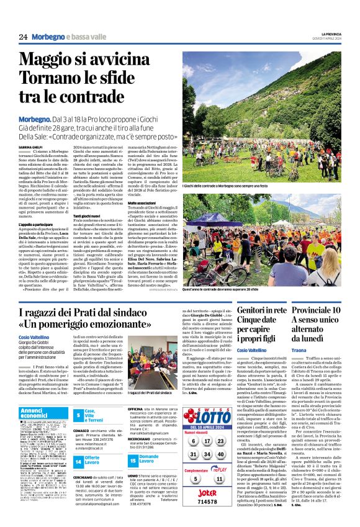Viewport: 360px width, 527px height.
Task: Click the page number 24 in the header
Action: (x=23, y=37)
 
